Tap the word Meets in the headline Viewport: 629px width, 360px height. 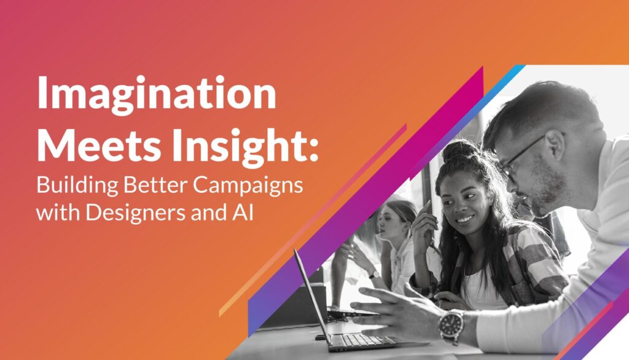(x=99, y=145)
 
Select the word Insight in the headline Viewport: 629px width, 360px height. (x=237, y=147)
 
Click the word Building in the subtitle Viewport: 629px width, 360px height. (x=77, y=186)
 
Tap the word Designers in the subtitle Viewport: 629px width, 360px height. (x=136, y=213)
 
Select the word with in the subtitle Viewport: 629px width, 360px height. (x=59, y=212)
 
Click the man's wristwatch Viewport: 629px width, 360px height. (x=451, y=326)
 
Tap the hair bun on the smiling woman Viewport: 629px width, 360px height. (x=461, y=151)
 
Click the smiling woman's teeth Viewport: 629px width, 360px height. (x=465, y=220)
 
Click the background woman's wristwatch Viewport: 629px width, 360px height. (x=373, y=275)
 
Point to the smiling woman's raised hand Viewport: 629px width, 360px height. (x=424, y=225)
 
